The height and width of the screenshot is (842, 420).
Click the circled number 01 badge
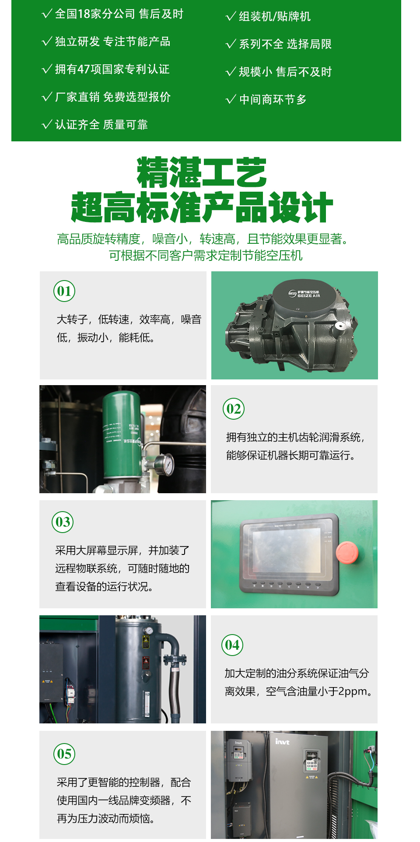pos(64,291)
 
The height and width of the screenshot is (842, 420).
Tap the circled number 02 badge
pos(234,409)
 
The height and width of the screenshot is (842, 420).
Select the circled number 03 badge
pos(63,522)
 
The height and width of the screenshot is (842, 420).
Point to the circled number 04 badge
pos(232,645)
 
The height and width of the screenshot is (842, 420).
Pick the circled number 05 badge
pos(64,754)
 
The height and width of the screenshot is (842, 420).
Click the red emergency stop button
pos(347,552)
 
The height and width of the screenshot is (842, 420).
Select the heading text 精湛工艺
pos(202,172)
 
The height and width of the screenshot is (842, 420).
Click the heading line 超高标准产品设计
pos(202,207)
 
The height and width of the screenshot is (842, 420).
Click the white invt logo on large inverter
pos(282,741)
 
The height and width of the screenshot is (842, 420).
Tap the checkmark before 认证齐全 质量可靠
pos(47,125)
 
